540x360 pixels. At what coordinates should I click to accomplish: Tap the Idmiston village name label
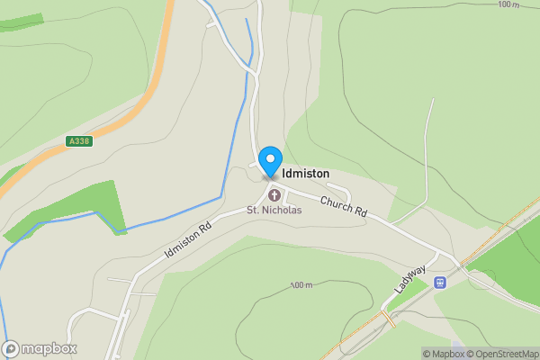(x=306, y=173)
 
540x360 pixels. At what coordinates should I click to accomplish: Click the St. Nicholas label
(x=274, y=211)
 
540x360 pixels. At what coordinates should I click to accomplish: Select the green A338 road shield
(x=79, y=141)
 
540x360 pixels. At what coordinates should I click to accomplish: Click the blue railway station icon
(x=440, y=283)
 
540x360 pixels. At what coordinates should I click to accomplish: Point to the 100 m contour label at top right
(x=508, y=4)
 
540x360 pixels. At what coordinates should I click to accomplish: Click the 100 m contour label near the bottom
(x=301, y=285)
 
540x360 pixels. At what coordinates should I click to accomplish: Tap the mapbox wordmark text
(x=49, y=348)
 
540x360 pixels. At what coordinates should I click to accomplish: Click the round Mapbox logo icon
(x=11, y=348)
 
